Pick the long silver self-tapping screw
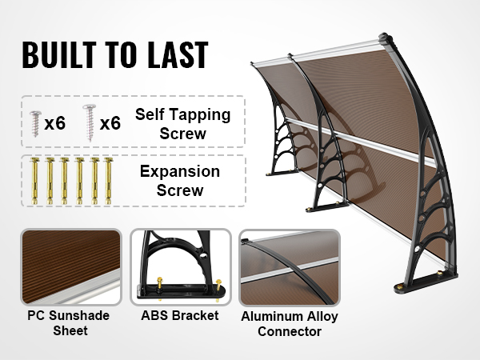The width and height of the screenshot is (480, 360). pyautogui.click(x=90, y=122)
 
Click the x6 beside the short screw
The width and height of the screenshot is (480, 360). pyautogui.click(x=55, y=123)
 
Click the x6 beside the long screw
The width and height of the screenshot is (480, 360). pyautogui.click(x=110, y=123)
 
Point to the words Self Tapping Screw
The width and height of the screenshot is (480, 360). pyautogui.click(x=182, y=124)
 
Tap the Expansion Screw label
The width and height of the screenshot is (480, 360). pyautogui.click(x=180, y=181)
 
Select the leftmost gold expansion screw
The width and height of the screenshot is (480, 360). pyautogui.click(x=34, y=181)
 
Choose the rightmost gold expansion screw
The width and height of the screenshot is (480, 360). pyautogui.click(x=108, y=181)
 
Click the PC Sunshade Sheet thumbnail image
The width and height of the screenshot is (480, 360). pyautogui.click(x=71, y=267)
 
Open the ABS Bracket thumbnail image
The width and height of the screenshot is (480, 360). pyautogui.click(x=181, y=267)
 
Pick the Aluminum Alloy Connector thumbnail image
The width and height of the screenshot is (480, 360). pyautogui.click(x=290, y=267)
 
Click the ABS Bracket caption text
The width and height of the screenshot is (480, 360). pyautogui.click(x=180, y=315)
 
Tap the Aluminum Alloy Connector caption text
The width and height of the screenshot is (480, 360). pyautogui.click(x=290, y=323)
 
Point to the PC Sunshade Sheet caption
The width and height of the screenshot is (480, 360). pyautogui.click(x=69, y=323)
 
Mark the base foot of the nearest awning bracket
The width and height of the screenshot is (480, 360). pyautogui.click(x=426, y=282)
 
